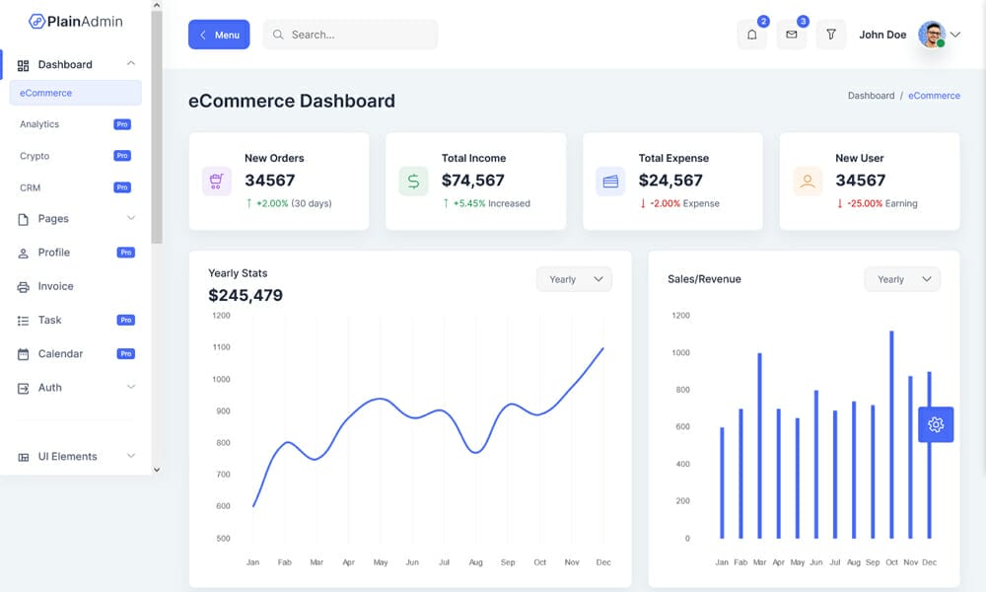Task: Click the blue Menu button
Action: pyautogui.click(x=219, y=35)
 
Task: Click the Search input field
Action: pyautogui.click(x=350, y=35)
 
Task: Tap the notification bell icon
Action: pyautogui.click(x=751, y=35)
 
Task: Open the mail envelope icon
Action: pyautogui.click(x=791, y=35)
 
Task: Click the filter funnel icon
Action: pyautogui.click(x=831, y=35)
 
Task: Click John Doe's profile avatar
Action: pyautogui.click(x=931, y=35)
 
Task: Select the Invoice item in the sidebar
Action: pyautogui.click(x=55, y=286)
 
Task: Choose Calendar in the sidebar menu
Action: pyautogui.click(x=60, y=353)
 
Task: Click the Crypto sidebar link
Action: pyautogui.click(x=35, y=156)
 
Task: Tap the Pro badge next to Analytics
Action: pyautogui.click(x=122, y=124)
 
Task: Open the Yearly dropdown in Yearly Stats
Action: pyautogui.click(x=574, y=279)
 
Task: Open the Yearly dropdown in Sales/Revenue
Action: pyautogui.click(x=902, y=279)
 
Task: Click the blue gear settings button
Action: pyautogui.click(x=936, y=424)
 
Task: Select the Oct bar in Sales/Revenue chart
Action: pyautogui.click(x=891, y=434)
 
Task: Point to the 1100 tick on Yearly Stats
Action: pyautogui.click(x=221, y=347)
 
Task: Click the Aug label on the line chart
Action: pyautogui.click(x=476, y=562)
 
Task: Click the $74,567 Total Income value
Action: pyautogui.click(x=472, y=181)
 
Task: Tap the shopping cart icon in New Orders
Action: pyautogui.click(x=216, y=182)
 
